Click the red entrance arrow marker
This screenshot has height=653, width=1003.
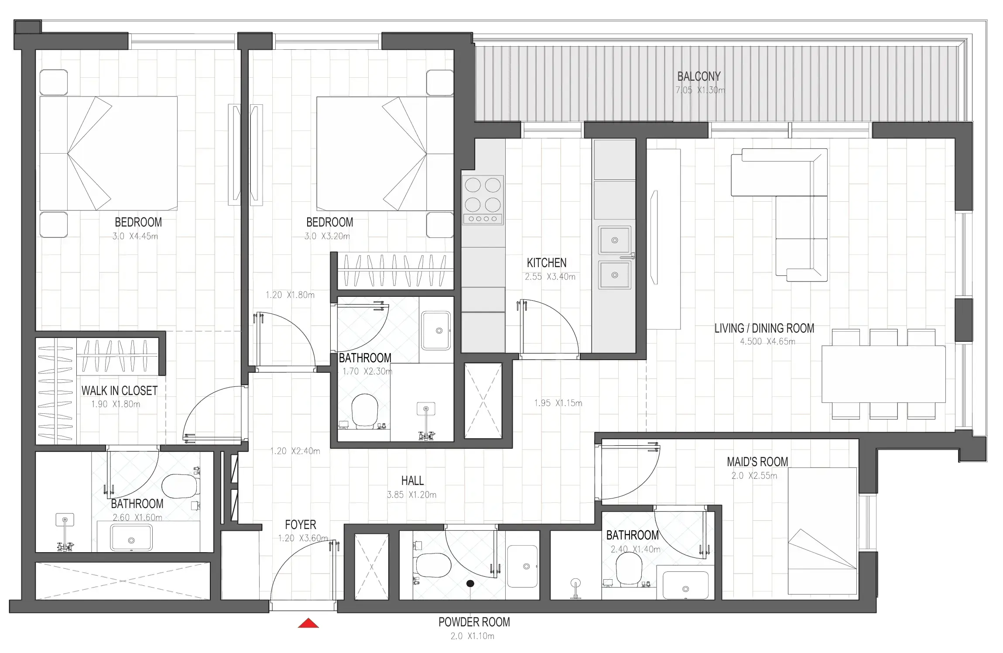point(308,623)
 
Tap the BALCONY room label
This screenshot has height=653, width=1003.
point(698,76)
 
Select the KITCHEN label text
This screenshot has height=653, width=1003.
point(546,263)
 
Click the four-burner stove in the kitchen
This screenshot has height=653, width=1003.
point(483,200)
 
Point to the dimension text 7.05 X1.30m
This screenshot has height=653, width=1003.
point(700,90)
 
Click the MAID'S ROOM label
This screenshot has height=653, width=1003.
point(757,462)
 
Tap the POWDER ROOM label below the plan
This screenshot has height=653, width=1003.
point(474,622)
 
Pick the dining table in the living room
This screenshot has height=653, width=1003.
point(883,374)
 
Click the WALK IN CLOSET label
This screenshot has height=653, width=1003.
point(119,391)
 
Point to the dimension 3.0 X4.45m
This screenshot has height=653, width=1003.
point(135,236)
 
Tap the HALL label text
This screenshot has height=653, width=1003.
point(412,481)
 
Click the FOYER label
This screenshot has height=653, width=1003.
point(300,525)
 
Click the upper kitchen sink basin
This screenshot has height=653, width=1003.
point(614,240)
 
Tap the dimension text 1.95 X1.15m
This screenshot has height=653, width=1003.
point(558,403)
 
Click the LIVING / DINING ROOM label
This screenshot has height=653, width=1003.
point(764,328)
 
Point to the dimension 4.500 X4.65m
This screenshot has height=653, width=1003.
point(767,341)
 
